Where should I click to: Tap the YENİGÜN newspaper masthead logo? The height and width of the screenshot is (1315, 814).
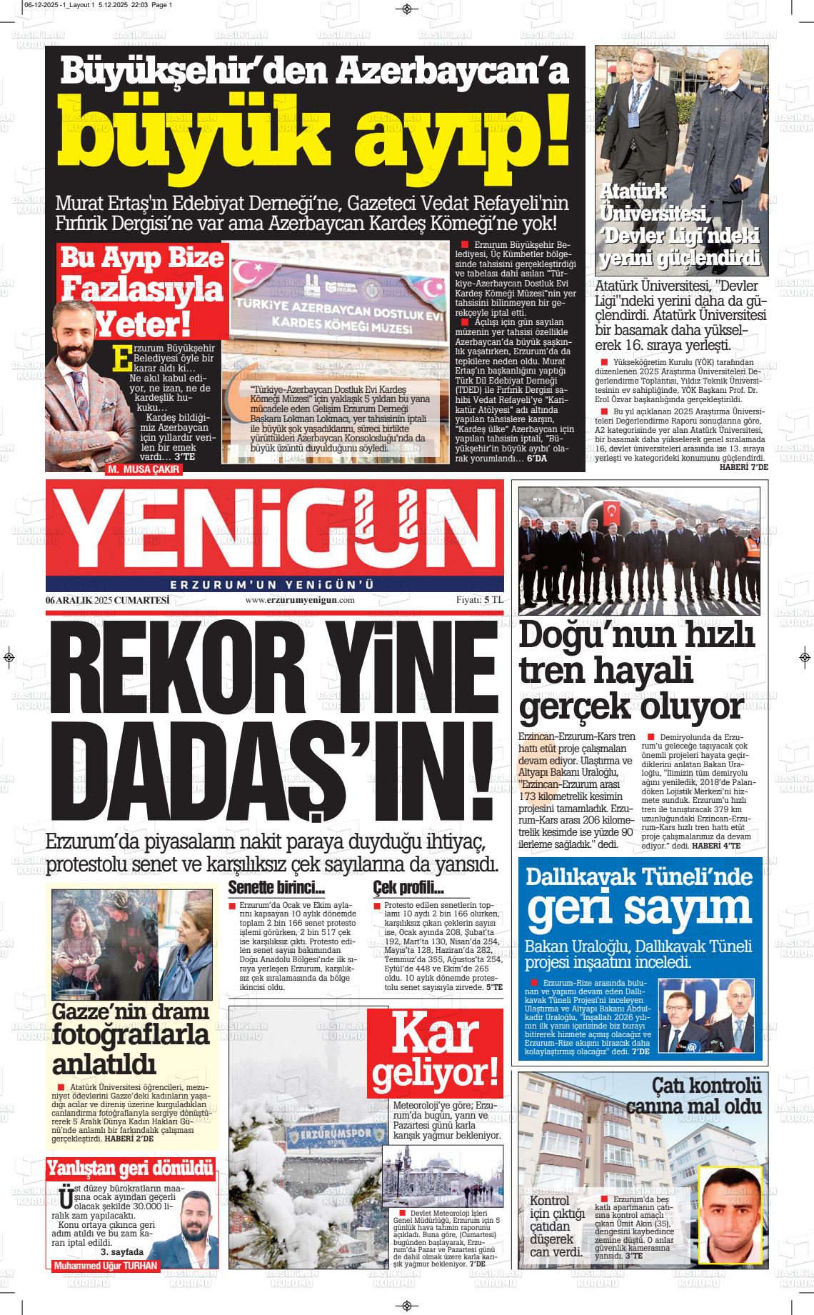[274, 524]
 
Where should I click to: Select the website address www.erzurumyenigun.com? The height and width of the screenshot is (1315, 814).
[300, 601]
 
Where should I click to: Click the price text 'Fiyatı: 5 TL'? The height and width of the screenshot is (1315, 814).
[480, 601]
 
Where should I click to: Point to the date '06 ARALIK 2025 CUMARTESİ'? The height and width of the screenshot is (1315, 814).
[107, 601]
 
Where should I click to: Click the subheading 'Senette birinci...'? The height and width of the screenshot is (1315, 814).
[276, 889]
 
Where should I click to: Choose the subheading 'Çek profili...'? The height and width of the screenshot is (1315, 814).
[408, 889]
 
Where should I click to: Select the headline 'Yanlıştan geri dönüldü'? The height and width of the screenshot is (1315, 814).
[130, 1169]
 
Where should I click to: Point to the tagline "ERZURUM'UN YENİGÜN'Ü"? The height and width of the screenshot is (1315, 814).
[274, 584]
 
